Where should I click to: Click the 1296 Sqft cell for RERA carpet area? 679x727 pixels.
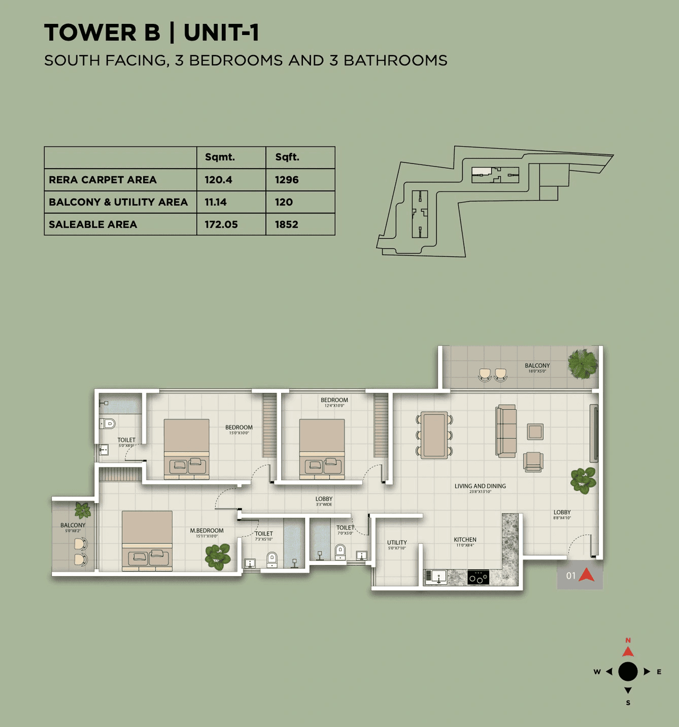(x=286, y=180)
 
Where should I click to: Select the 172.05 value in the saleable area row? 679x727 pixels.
(x=221, y=224)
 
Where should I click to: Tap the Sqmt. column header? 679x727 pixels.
(x=220, y=157)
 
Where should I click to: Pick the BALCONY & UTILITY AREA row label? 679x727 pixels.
(x=118, y=202)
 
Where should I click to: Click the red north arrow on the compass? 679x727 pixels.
(x=628, y=651)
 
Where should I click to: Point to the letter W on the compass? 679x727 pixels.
(x=597, y=672)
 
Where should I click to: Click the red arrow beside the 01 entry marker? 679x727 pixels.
(x=587, y=575)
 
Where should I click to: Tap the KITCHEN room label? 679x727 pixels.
(x=465, y=540)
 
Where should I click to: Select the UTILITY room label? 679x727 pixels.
(x=397, y=543)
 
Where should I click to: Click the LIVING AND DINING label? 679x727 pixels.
(x=480, y=486)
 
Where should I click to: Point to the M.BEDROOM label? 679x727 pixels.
(x=207, y=531)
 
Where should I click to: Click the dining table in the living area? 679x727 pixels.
(x=434, y=435)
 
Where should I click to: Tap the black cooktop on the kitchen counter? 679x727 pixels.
(x=478, y=577)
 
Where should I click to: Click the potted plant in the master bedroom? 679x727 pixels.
(x=217, y=556)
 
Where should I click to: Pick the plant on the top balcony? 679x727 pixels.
(x=582, y=364)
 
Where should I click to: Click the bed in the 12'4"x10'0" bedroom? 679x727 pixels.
(x=322, y=449)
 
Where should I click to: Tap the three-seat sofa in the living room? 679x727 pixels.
(x=507, y=431)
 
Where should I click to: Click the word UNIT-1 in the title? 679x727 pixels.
(x=221, y=33)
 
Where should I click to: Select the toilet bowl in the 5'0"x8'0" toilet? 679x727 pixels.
(x=109, y=423)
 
